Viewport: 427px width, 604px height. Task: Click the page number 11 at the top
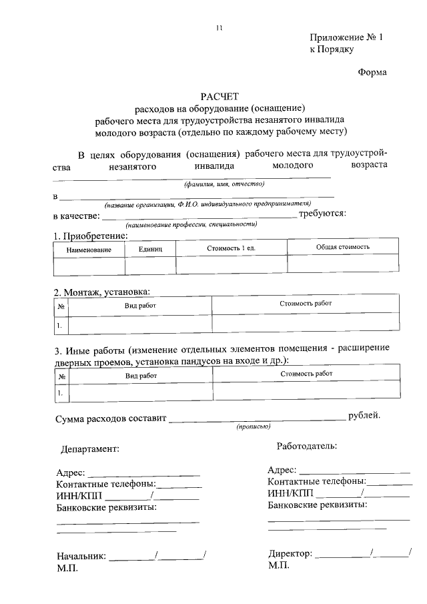click(x=218, y=27)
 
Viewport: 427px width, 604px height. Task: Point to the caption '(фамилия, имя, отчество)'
click(x=224, y=184)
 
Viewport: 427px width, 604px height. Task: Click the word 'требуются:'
click(x=322, y=214)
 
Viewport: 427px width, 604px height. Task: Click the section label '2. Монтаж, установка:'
click(x=101, y=292)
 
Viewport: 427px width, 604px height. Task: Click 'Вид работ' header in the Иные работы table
click(x=141, y=376)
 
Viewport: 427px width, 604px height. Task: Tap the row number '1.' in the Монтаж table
click(x=60, y=326)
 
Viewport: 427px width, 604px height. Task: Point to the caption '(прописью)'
click(x=254, y=426)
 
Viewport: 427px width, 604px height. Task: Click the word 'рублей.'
click(x=364, y=415)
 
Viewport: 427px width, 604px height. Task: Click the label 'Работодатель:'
click(x=306, y=445)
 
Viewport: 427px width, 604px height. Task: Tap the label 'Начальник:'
click(x=81, y=555)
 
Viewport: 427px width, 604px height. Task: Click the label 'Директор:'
click(x=290, y=553)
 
